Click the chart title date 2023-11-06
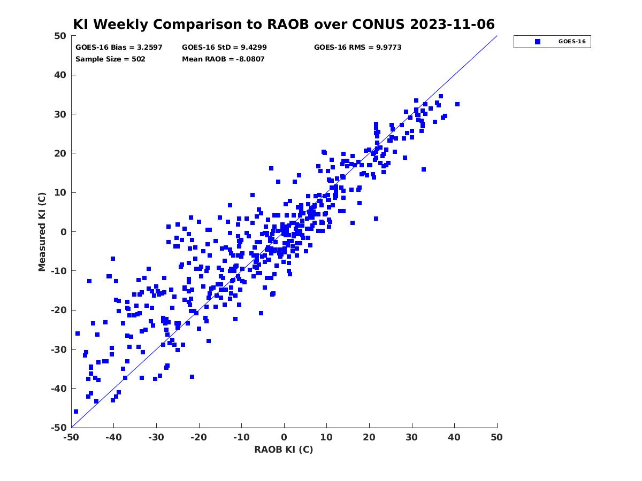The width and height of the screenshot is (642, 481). coord(452,24)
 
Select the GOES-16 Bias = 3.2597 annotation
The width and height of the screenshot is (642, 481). coord(119,48)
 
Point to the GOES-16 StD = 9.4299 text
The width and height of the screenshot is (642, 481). coord(224,48)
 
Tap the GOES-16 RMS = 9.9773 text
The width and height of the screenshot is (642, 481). coord(358,48)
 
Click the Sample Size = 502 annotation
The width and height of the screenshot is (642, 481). coord(110,59)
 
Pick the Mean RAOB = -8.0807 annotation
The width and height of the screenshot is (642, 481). coord(223,59)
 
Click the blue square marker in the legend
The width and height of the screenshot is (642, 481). coord(538,42)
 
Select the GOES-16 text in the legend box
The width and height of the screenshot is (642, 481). coord(572,42)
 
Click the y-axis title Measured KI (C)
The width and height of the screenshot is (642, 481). coord(42,232)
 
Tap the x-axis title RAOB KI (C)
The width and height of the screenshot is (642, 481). coord(284,449)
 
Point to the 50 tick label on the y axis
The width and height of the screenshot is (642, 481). coord(60,36)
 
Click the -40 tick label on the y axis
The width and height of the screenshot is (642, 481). coord(59,389)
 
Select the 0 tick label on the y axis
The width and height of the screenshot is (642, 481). coord(64,232)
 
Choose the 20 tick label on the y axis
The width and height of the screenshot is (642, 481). coord(60,153)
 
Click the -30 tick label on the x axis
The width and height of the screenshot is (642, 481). coord(156,438)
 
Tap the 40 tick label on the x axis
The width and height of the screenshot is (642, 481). coord(454,438)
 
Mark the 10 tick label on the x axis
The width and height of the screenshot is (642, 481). coord(326,438)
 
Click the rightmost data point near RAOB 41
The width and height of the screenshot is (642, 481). coord(457,104)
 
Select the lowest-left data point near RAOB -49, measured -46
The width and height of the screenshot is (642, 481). coord(76,412)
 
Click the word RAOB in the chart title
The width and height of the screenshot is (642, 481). coord(288,24)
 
